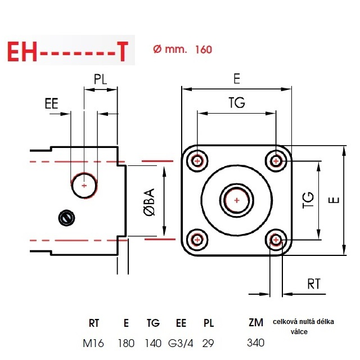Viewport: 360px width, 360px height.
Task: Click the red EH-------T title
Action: (68, 52)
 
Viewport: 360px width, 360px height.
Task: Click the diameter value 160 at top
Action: (204, 49)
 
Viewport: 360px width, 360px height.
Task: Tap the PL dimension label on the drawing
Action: (101, 79)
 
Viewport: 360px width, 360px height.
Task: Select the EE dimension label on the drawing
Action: (51, 104)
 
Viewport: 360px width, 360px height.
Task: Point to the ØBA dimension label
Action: (149, 202)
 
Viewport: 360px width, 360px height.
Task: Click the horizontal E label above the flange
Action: (236, 79)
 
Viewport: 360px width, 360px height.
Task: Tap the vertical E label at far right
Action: (334, 200)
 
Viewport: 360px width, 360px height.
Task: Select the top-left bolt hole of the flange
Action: (197, 161)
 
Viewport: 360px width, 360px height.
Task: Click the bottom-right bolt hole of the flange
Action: (276, 240)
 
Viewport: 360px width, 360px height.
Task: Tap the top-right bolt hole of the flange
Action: (276, 161)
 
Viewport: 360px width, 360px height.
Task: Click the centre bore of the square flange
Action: (236, 200)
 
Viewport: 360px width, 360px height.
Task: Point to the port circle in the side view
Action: (84, 184)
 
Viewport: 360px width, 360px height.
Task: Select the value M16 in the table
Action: (94, 343)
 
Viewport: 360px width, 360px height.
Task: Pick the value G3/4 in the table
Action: (181, 343)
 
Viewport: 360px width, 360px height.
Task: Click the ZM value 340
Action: (255, 342)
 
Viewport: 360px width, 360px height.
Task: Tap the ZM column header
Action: (256, 323)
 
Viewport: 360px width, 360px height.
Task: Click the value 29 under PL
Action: (209, 343)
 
